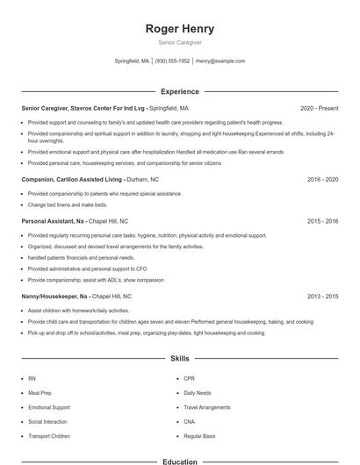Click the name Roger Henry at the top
click(x=179, y=28)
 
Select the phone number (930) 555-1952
click(x=173, y=61)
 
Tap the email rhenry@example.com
click(x=220, y=61)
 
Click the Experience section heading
click(x=179, y=91)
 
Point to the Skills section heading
click(x=179, y=359)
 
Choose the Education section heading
click(x=179, y=461)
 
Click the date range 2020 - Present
click(x=319, y=108)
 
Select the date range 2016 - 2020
click(x=322, y=179)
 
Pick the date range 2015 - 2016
click(x=322, y=221)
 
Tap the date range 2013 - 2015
click(x=322, y=297)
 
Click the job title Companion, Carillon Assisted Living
click(x=76, y=179)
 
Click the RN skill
click(x=32, y=379)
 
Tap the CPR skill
click(x=190, y=379)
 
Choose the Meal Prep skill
click(x=40, y=393)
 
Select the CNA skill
click(x=190, y=422)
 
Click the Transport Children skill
click(x=49, y=436)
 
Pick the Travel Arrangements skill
click(x=207, y=408)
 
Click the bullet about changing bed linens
click(x=68, y=204)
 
